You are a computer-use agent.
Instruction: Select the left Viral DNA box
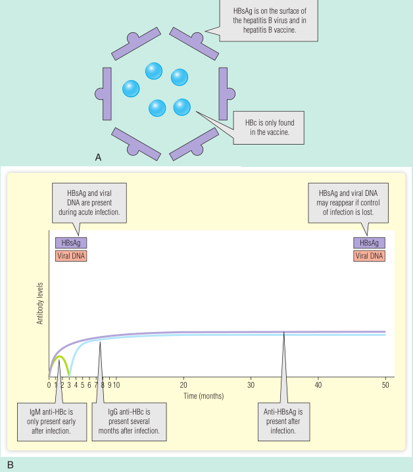70,255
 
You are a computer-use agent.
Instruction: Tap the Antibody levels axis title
40,305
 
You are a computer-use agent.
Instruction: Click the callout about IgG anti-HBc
137,421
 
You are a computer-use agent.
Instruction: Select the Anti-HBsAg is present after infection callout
284,421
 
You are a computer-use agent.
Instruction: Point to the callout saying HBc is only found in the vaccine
270,128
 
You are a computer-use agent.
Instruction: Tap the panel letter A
98,157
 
